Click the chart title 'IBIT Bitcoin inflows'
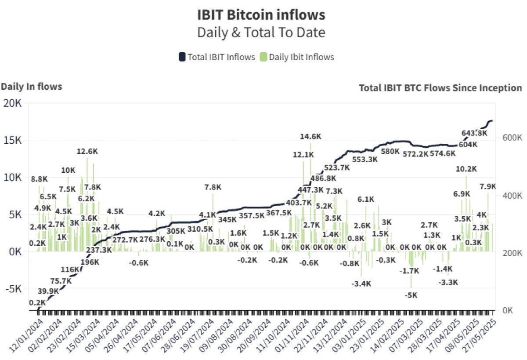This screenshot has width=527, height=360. point(261,15)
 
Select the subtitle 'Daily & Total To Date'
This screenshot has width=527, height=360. point(261,33)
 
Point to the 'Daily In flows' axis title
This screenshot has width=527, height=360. point(31,87)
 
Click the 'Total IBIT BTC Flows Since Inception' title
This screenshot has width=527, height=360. point(440,88)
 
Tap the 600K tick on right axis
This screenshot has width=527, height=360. point(509,138)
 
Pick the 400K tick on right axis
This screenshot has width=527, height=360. point(509,196)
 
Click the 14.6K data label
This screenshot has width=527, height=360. point(310,137)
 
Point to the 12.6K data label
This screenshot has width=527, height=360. point(87,152)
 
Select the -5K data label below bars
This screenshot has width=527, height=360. point(411,295)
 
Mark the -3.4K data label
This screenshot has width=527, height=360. point(361,284)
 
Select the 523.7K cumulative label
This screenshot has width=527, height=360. point(337,167)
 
